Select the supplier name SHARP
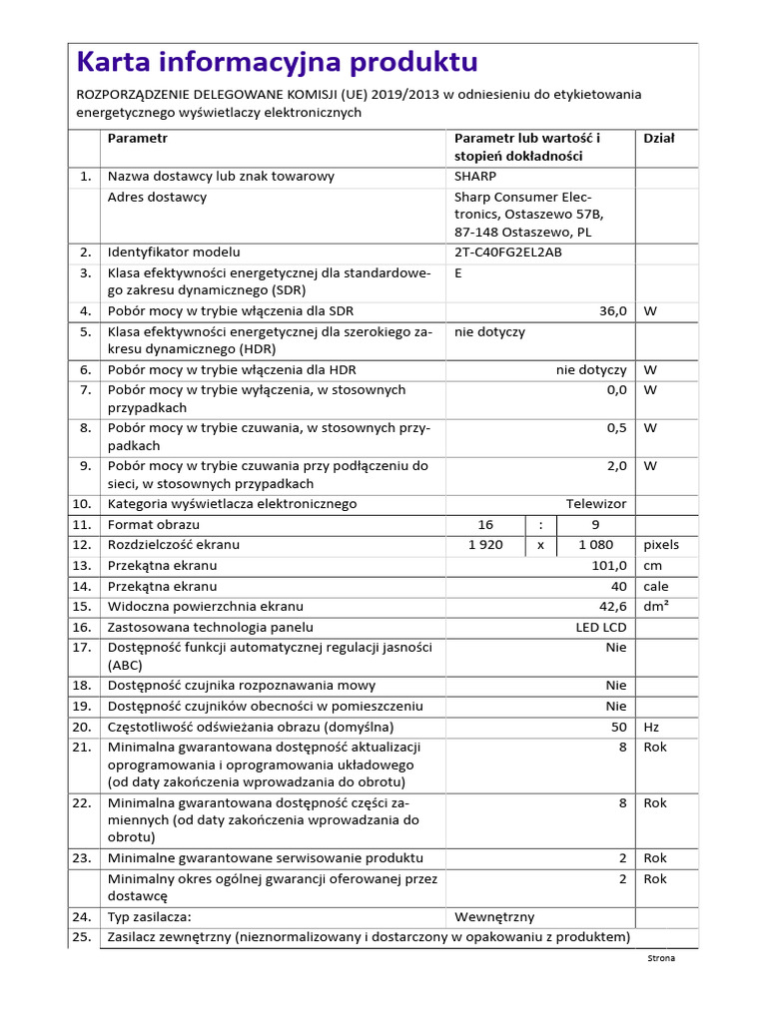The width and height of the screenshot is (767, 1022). coord(474,177)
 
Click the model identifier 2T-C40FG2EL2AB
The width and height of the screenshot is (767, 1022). coord(507,253)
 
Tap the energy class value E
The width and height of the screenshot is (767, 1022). coord(458,272)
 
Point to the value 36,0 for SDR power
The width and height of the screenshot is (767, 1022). coord(612,311)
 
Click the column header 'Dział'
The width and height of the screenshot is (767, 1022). coord(659,139)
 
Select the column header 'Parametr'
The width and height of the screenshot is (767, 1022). coord(138,139)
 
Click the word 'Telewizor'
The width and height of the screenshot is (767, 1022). coord(596,504)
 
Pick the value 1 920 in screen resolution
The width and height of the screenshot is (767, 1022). coord(485,545)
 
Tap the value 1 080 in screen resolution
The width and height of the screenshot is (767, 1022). coord(596,545)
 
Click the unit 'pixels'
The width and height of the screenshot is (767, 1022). coord(661,545)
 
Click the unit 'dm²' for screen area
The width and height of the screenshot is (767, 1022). coord(656,607)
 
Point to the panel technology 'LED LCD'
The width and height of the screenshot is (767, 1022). coord(601,628)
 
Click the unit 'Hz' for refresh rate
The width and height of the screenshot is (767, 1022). coord(652,727)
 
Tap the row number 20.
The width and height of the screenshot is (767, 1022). coord(82,727)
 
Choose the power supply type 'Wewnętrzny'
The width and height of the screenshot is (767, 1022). coord(494,916)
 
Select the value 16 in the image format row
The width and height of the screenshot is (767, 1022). coord(486,525)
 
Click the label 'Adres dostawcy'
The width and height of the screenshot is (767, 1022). coord(157,197)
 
